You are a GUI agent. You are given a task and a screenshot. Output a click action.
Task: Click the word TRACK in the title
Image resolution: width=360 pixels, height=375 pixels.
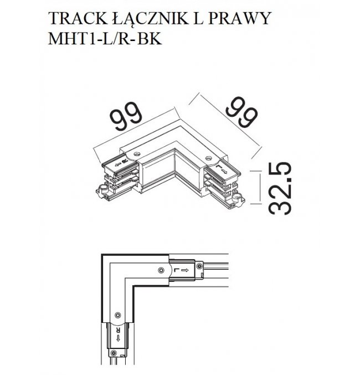click(78, 18)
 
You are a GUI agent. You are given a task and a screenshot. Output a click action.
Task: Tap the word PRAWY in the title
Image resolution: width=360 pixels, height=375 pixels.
click(239, 18)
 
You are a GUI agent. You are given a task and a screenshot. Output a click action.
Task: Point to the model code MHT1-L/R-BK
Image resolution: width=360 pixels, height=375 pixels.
click(105, 38)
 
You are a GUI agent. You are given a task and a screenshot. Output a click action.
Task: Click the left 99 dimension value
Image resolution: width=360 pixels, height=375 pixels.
click(126, 116)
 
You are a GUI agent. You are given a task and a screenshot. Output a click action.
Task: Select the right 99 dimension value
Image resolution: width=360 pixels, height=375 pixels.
click(242, 112)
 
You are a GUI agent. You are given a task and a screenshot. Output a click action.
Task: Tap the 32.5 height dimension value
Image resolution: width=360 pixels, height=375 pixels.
click(280, 188)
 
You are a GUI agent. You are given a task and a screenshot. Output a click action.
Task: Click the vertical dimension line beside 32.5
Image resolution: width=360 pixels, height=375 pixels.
click(260, 187)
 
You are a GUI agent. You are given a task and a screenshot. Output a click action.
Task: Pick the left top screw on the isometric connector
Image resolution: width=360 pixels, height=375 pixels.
click(137, 154)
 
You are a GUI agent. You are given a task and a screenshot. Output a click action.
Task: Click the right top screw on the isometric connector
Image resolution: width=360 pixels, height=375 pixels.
click(209, 158)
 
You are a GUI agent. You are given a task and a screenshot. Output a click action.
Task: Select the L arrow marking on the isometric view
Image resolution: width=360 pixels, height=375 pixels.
click(222, 168)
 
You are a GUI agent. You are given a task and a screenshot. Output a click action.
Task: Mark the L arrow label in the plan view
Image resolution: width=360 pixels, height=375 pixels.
click(181, 270)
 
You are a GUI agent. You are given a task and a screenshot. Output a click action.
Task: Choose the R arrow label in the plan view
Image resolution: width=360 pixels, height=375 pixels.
click(117, 335)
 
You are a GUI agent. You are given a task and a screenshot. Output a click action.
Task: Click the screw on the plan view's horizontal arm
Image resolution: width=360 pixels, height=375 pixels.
click(162, 270)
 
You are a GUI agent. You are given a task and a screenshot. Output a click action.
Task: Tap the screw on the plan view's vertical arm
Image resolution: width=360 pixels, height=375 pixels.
click(117, 315)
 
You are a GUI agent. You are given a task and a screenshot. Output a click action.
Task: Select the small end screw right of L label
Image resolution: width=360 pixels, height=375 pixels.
click(199, 266)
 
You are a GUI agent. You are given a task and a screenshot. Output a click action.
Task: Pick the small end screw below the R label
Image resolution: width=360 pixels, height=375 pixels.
click(114, 353)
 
